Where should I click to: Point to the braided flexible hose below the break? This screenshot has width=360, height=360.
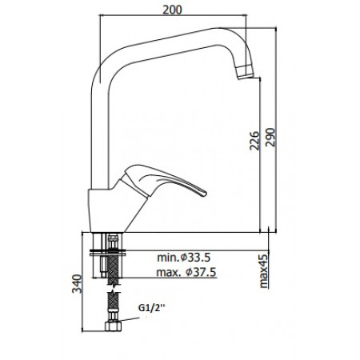click(x=110, y=302)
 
